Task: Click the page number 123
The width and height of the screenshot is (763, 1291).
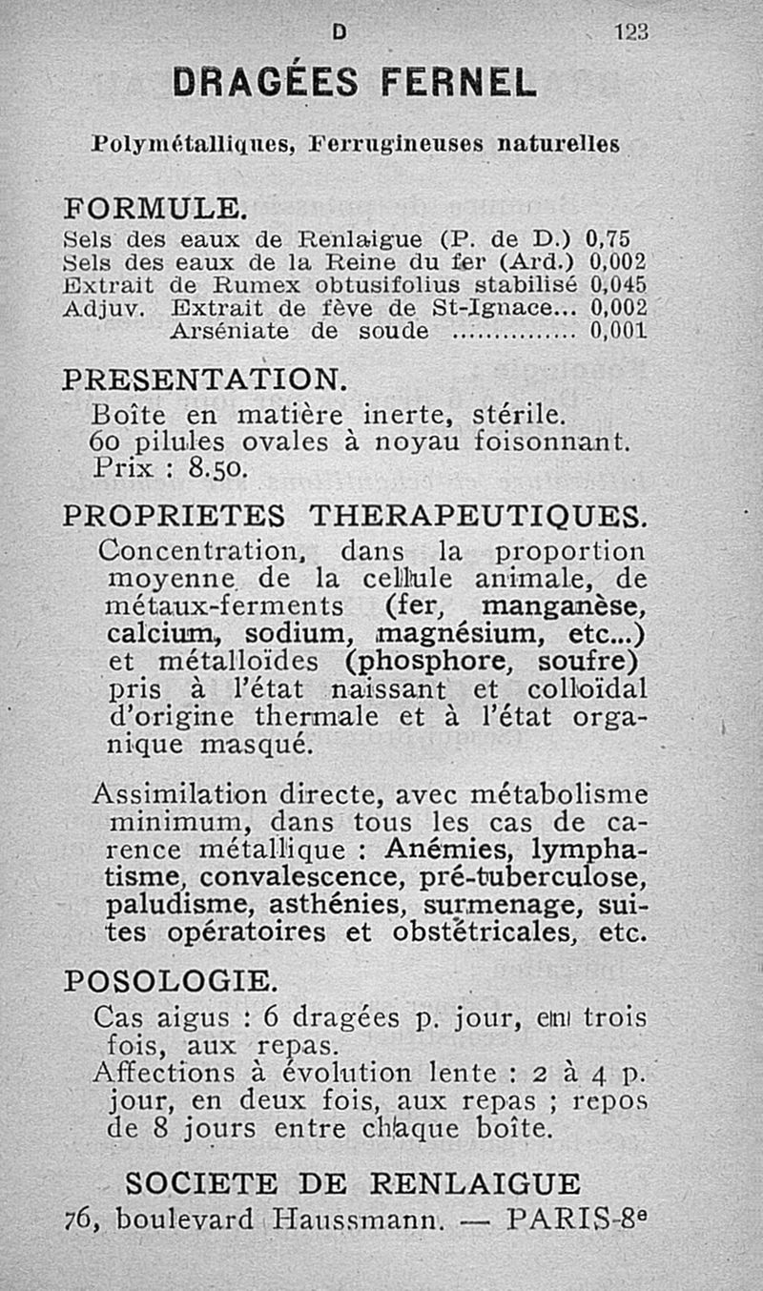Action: (x=631, y=31)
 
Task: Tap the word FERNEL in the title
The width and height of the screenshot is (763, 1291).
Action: (x=459, y=83)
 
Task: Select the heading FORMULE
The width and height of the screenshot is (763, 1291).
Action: (x=155, y=207)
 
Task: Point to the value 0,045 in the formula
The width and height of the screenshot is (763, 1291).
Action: (x=619, y=284)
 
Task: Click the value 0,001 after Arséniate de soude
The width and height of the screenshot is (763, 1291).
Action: (x=619, y=331)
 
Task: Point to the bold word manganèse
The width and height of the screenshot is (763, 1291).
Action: (x=564, y=605)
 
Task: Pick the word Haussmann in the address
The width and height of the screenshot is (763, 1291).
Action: (x=359, y=1219)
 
